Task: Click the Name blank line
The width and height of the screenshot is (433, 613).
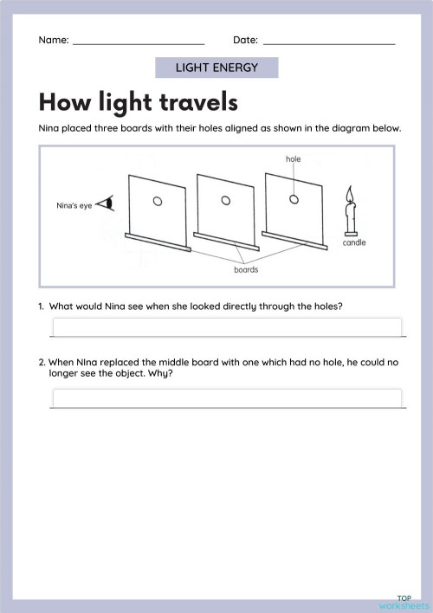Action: coord(139,42)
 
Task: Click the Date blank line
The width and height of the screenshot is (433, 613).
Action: coord(328,42)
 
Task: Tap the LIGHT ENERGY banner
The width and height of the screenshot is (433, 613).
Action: coord(216,68)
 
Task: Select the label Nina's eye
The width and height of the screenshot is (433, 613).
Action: coord(72,205)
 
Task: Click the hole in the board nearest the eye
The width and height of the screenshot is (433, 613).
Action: coord(158,202)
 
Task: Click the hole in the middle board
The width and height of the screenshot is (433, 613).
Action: coord(226,200)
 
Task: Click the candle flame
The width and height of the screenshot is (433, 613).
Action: coord(351,193)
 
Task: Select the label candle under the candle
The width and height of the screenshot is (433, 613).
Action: coord(354,243)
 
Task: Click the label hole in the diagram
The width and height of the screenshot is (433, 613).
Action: coord(293,159)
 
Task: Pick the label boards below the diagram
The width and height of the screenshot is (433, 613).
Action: coord(247,269)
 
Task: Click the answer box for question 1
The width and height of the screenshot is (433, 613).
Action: coord(227,327)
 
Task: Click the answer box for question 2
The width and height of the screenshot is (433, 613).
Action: coord(227,397)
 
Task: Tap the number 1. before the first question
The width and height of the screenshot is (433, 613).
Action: coord(42,306)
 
